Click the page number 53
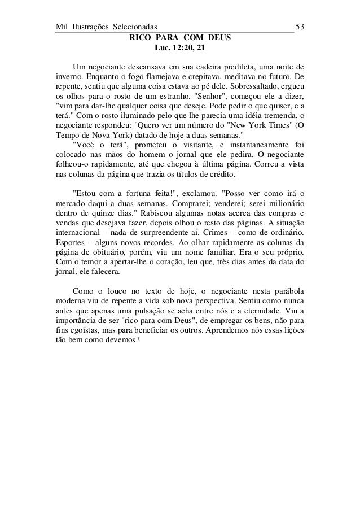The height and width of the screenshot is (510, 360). (300, 27)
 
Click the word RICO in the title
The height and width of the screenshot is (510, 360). (141, 38)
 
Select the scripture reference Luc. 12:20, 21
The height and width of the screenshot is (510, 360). (180, 49)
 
